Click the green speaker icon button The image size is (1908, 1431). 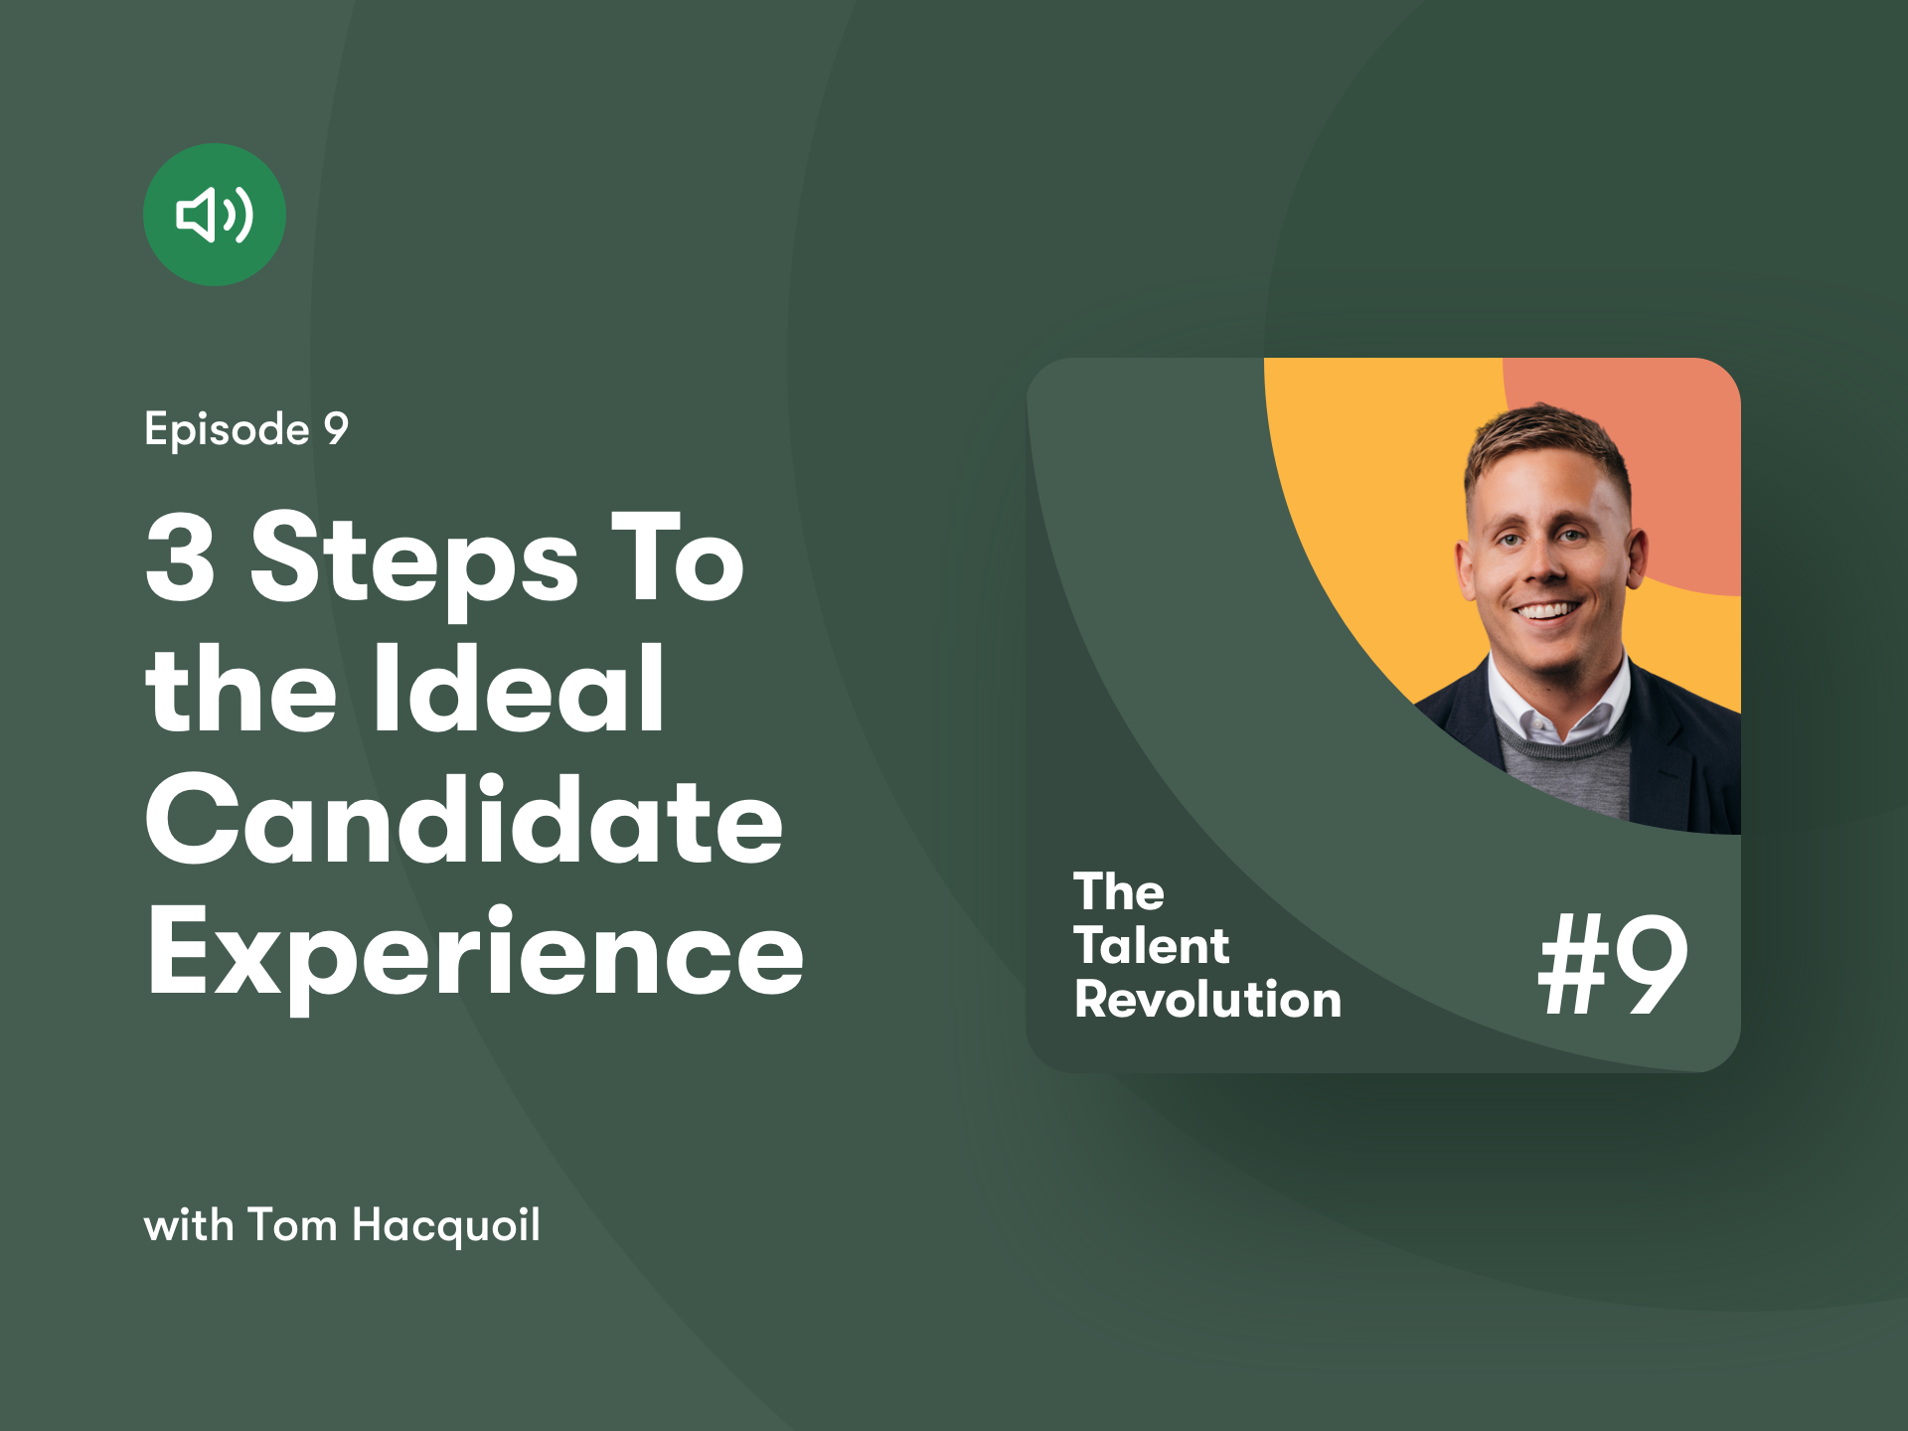(215, 215)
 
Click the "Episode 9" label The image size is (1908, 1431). (246, 429)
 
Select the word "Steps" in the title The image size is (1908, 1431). (414, 561)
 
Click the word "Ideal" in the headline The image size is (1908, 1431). (519, 688)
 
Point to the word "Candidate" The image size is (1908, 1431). (465, 820)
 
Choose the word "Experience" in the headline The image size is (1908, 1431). (475, 957)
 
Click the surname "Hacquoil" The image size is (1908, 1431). (446, 1225)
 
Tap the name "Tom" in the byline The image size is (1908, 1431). (292, 1224)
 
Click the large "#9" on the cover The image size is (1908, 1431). (1612, 964)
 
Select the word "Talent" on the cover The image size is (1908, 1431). (1152, 945)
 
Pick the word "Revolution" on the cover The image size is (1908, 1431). (1208, 999)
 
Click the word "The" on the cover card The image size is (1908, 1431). (1119, 891)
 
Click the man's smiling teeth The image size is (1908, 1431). (1546, 611)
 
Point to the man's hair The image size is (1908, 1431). (1545, 447)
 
